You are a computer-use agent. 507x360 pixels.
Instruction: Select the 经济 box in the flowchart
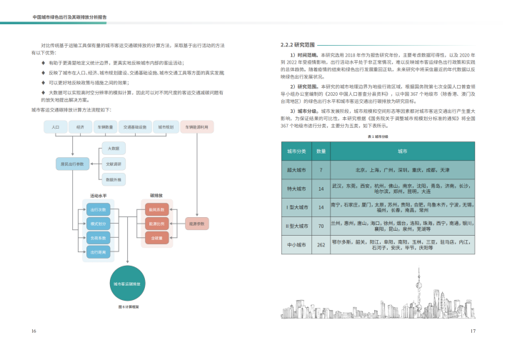tap(80, 126)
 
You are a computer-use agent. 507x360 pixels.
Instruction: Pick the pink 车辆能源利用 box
tap(197, 126)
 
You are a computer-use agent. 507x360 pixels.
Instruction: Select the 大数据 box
tap(114, 149)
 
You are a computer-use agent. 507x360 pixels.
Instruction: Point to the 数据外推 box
tap(114, 180)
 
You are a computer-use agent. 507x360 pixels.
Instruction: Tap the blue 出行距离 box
tap(99, 251)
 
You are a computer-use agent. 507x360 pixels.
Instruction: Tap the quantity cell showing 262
tap(321, 244)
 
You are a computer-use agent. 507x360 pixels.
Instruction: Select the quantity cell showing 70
tap(321, 226)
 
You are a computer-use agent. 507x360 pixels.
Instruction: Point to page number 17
tap(472, 331)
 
